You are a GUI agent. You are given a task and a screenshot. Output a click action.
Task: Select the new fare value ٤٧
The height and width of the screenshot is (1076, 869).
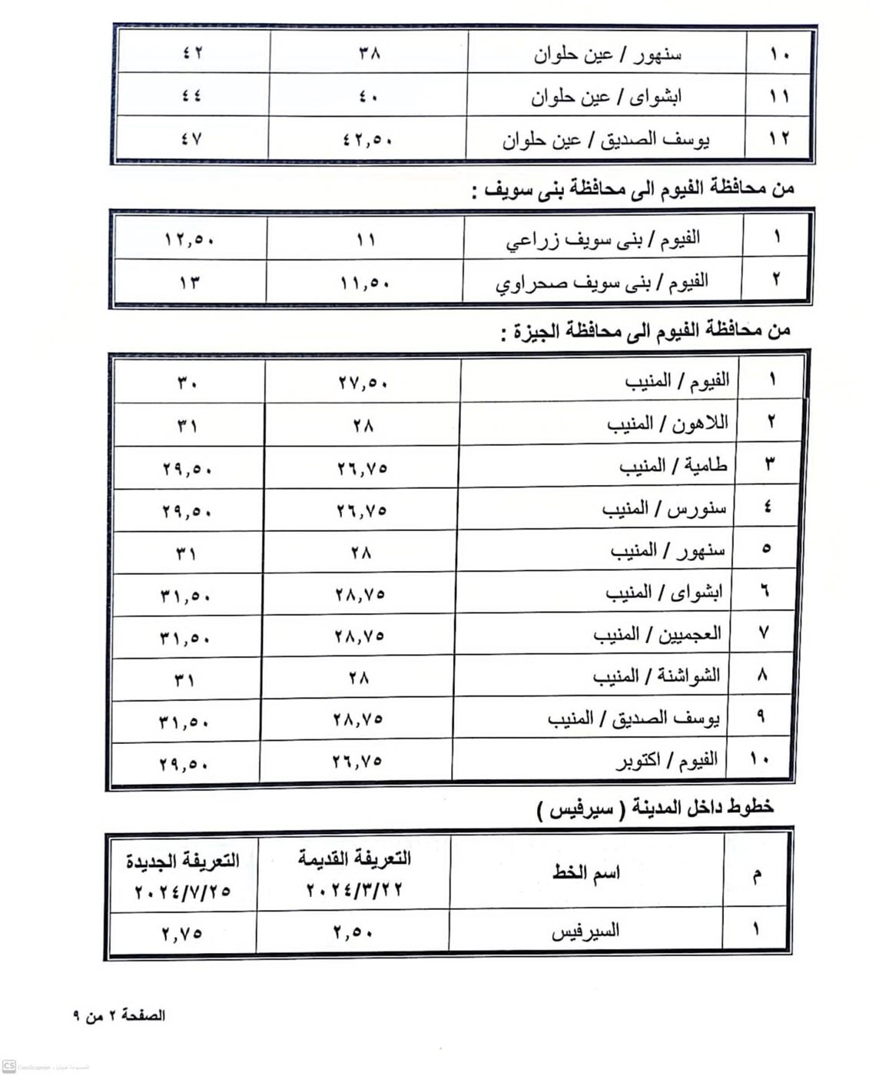point(191,140)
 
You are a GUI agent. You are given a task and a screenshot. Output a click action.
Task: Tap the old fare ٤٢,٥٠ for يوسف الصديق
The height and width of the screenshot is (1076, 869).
point(367,141)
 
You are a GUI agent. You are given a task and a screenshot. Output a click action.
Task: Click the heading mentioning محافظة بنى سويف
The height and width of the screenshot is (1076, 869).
point(632,188)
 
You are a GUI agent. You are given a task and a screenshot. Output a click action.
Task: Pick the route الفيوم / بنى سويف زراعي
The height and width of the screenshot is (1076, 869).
point(602,239)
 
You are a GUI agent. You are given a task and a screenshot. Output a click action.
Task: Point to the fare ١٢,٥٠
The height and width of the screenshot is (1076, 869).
point(189,240)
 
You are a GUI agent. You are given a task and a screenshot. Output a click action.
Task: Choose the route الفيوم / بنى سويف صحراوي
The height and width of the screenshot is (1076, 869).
point(602,281)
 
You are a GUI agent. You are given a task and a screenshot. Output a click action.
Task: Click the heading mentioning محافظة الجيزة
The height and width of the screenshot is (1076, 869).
point(644,331)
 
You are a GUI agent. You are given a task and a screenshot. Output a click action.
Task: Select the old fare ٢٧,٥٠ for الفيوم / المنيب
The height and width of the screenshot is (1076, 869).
point(363,382)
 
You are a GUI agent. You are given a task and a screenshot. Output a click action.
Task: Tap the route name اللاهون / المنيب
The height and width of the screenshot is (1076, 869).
point(667,423)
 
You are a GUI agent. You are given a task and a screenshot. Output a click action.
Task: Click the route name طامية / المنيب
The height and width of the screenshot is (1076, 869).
point(673,466)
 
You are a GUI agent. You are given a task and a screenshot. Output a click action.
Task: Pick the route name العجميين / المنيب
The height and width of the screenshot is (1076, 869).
point(657,634)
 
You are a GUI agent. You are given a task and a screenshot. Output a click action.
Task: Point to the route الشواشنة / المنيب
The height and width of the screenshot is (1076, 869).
point(656,676)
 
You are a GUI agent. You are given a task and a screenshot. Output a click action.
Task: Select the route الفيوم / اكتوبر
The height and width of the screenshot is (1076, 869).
point(666,761)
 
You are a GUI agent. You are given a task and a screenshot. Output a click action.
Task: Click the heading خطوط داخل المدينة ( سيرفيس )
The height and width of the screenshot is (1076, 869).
point(655,807)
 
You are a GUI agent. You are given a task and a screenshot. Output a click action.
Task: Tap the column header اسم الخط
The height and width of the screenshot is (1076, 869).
point(585,873)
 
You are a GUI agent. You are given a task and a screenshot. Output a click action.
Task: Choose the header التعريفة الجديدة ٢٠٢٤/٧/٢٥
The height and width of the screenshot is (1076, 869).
point(183,875)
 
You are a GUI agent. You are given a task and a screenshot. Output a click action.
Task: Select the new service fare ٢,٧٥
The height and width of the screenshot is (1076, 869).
point(182,933)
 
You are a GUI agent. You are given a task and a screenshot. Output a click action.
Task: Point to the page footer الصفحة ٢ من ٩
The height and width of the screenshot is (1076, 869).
point(119,1015)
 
